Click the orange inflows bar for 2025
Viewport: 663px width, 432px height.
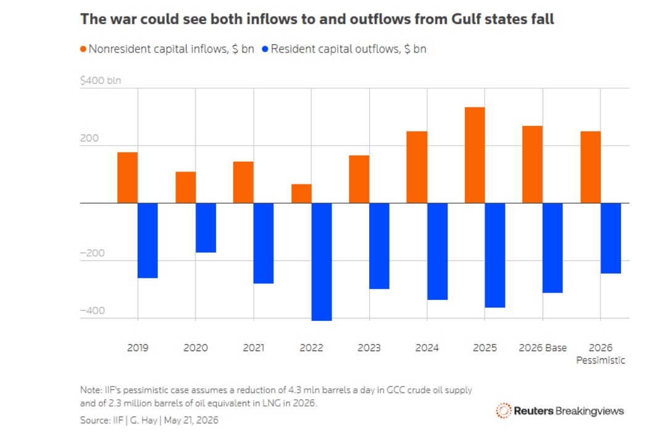tap(475, 155)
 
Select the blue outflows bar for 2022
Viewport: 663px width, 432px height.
tap(322, 262)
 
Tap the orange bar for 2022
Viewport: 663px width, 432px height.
tap(301, 194)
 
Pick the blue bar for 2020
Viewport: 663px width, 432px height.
tap(206, 228)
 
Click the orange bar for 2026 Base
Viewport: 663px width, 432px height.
tap(532, 164)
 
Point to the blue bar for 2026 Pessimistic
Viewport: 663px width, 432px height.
tap(611, 238)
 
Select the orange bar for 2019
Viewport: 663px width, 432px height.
tap(127, 178)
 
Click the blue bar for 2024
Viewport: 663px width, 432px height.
tap(437, 252)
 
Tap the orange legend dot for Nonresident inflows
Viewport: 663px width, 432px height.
tap(83, 49)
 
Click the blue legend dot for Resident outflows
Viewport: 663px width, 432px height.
tap(265, 49)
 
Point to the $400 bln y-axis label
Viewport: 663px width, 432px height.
tap(101, 80)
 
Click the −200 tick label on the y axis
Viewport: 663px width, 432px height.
tap(92, 253)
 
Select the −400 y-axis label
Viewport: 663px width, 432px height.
tap(92, 310)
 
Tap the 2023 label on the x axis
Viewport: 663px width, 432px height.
tap(369, 348)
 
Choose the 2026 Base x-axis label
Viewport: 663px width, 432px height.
tap(543, 348)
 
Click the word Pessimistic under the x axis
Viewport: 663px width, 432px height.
tap(601, 360)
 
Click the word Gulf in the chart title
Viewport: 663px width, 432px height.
tap(466, 19)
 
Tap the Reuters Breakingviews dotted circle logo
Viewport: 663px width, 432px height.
tap(504, 410)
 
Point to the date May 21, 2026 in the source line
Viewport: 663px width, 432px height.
tap(191, 420)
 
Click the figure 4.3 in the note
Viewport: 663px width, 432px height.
tap(294, 390)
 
